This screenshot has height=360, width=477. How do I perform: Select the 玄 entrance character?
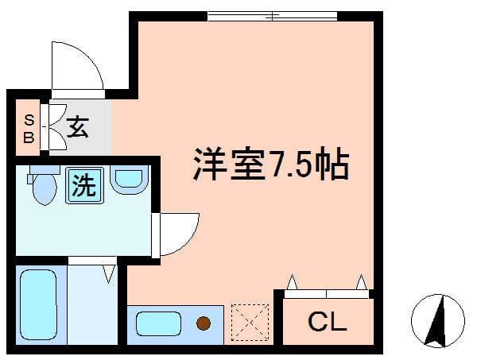(x=77, y=127)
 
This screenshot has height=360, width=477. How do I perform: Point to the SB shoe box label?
(x=29, y=128)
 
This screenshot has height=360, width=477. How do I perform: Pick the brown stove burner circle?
(x=204, y=323)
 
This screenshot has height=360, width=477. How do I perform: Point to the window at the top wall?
(x=272, y=15)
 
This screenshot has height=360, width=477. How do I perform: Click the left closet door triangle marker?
(x=292, y=281)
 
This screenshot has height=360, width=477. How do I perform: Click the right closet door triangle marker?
(x=362, y=281)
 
